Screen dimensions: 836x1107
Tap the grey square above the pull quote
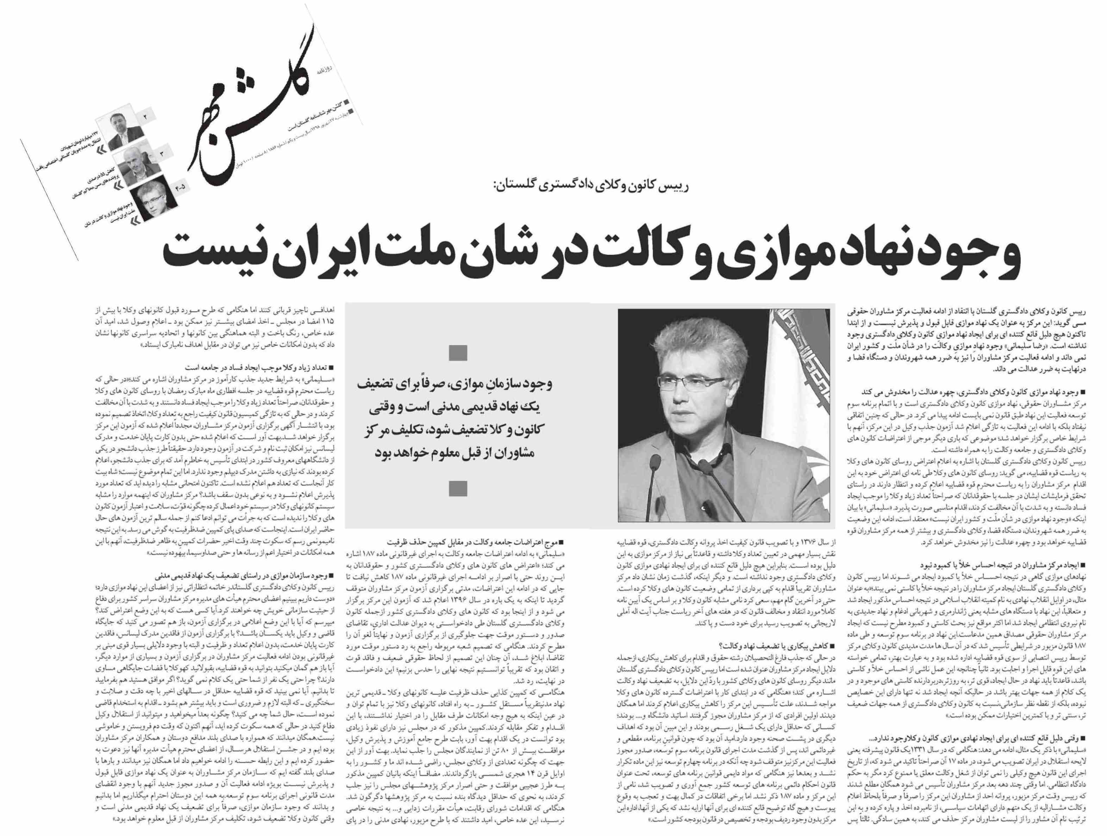(458, 353)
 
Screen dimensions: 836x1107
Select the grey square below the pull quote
(458, 488)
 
